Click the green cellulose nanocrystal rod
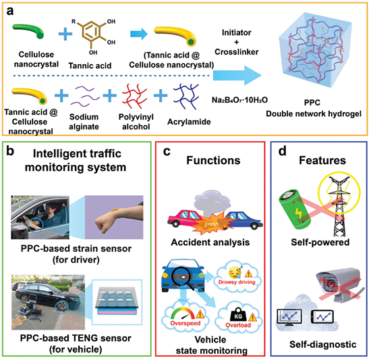coord(28,31)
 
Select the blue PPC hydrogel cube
coord(314,51)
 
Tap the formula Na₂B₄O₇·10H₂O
coord(239,100)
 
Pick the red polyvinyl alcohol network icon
coord(134,96)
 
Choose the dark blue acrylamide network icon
coord(186,96)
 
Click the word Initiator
coord(236,32)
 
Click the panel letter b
coord(10,151)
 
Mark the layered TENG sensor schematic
coord(117,301)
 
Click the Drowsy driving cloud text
coord(237,282)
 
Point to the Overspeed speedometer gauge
coord(183,314)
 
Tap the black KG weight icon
coord(238,314)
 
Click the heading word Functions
coord(213,160)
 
